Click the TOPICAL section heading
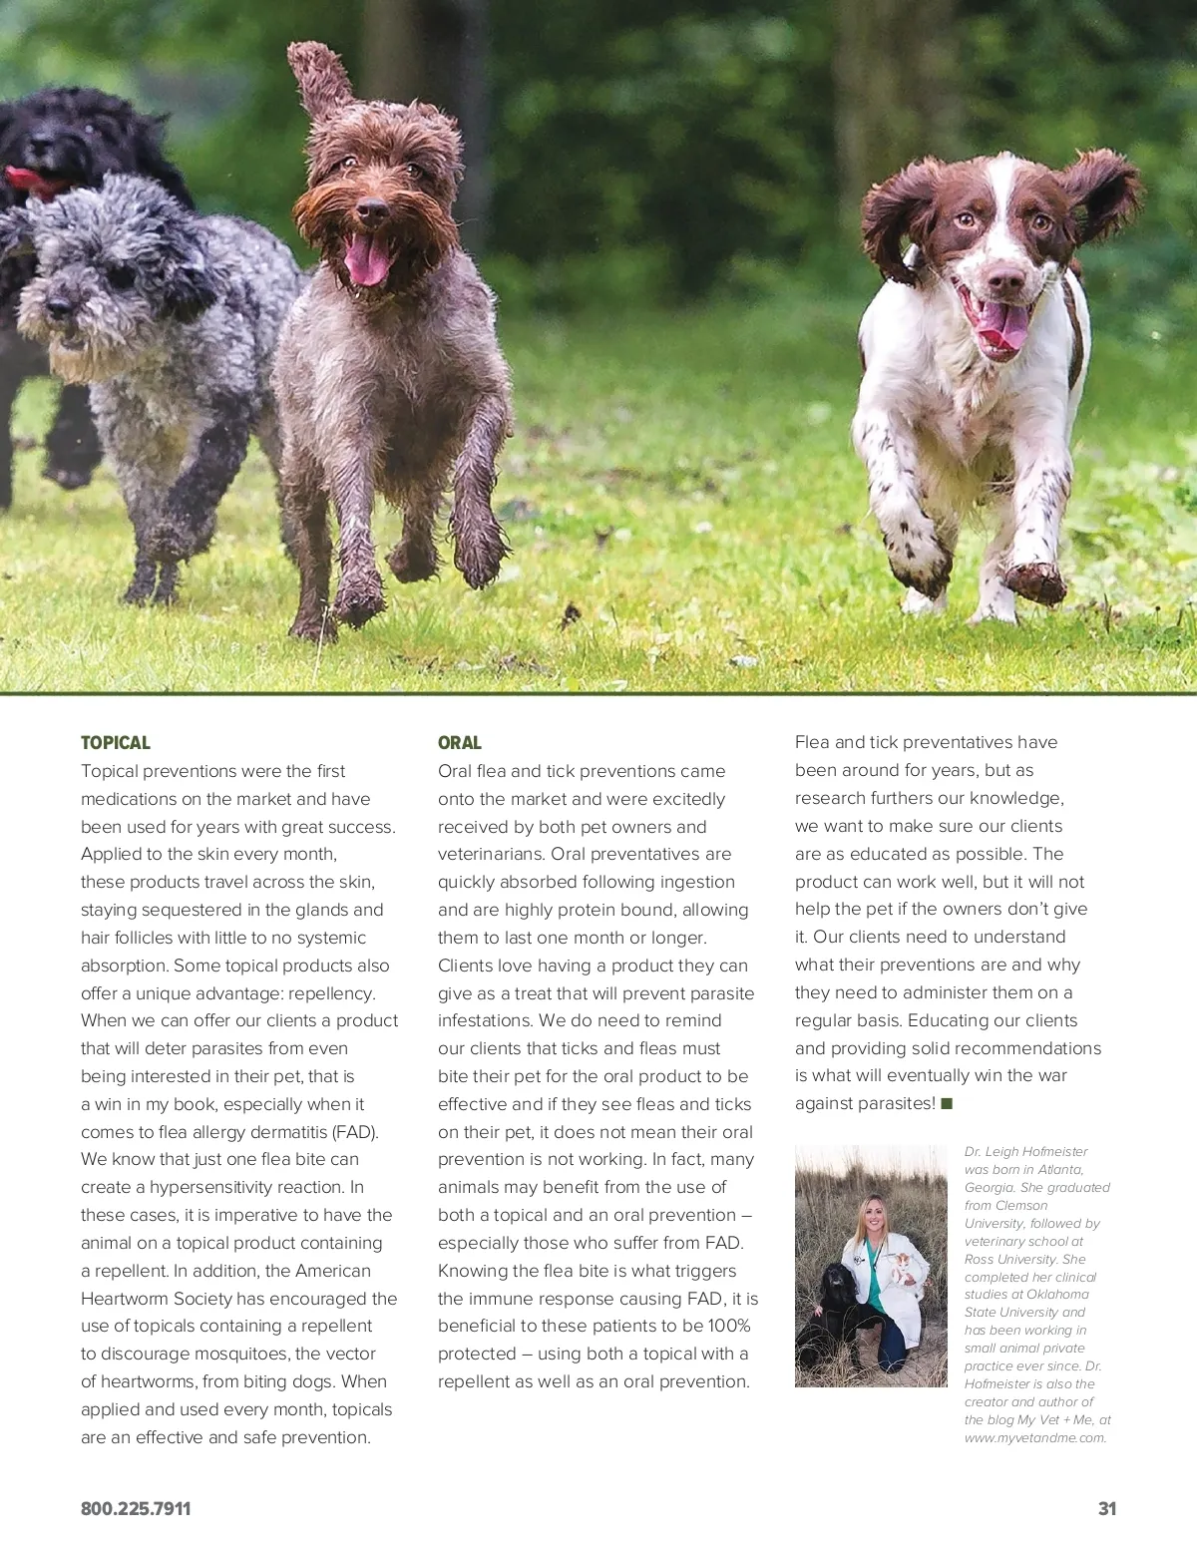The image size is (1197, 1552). (x=115, y=743)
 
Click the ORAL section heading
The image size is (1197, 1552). (x=459, y=743)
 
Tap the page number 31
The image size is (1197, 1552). (x=1106, y=1509)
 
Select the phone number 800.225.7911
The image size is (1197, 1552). (x=136, y=1509)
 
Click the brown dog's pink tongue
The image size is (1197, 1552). (x=367, y=260)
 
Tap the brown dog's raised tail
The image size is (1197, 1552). (x=317, y=76)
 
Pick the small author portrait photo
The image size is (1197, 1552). (x=871, y=1266)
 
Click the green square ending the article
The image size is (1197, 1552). (x=947, y=1103)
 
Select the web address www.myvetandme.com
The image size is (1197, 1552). (x=1035, y=1437)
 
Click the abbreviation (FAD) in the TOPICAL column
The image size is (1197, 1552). (x=355, y=1132)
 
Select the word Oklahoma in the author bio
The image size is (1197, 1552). (x=1057, y=1295)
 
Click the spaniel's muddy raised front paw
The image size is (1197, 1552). (x=1033, y=582)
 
